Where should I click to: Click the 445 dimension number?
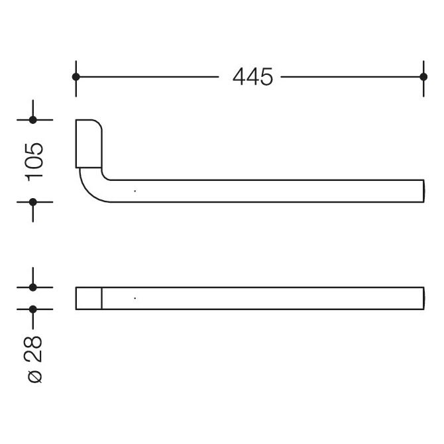coord(252,77)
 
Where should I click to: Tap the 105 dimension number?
coord(34,162)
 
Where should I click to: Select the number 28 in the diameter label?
coord(34,349)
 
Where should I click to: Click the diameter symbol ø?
coord(35,376)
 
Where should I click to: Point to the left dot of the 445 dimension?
coord(76,77)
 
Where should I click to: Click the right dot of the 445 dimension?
coord(423,77)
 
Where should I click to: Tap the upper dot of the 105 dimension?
coord(33,120)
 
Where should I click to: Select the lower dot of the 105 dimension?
coord(33,202)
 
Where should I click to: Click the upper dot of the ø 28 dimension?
coord(33,287)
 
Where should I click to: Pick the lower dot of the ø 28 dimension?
coord(33,309)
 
